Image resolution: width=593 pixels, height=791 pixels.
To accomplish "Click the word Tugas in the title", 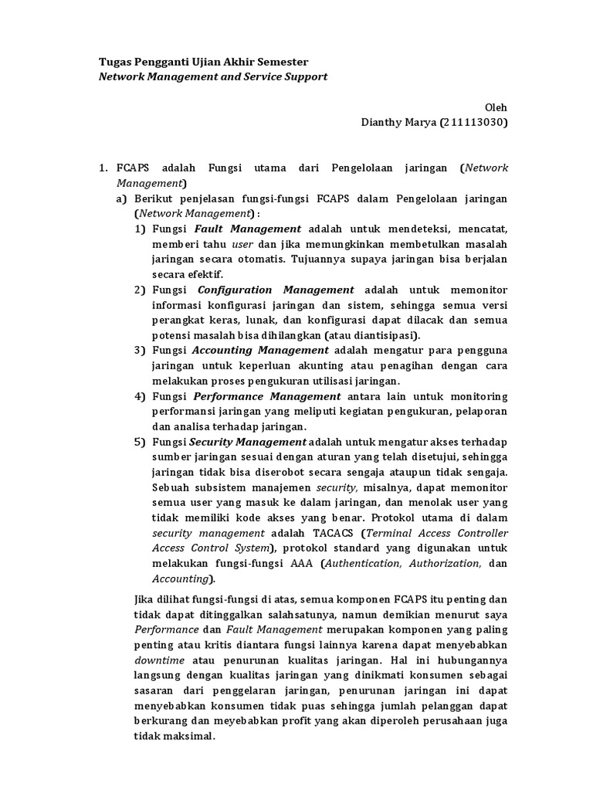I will click(x=118, y=62).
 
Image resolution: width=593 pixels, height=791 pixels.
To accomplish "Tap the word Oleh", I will click(x=496, y=107).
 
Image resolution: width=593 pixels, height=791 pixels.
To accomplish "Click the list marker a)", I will click(x=122, y=199).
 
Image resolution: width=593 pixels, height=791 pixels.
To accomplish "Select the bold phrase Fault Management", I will click(x=248, y=229).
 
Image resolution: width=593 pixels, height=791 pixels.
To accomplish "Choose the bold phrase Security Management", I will click(x=248, y=442).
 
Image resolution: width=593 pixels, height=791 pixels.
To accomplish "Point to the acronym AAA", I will click(x=300, y=564).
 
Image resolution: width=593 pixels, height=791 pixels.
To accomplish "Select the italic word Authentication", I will click(x=363, y=564).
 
